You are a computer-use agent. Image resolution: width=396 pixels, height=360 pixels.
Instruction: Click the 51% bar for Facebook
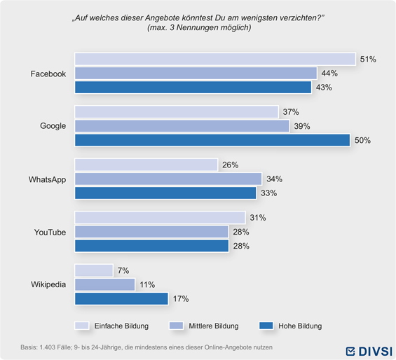tap(215, 59)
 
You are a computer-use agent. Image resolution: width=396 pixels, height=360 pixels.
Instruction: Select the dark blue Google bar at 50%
tap(212, 140)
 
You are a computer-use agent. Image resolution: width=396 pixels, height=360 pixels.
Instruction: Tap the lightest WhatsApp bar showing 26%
tap(146, 165)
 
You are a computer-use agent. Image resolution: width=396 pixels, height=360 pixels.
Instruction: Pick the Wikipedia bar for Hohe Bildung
tap(121, 298)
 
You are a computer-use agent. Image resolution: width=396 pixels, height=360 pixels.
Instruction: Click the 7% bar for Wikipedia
tap(94, 270)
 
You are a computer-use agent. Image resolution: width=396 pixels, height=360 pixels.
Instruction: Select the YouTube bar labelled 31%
tap(160, 218)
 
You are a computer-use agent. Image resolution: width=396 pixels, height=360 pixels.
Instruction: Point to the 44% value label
tap(329, 74)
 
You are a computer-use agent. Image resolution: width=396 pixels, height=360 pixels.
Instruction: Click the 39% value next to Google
tap(302, 126)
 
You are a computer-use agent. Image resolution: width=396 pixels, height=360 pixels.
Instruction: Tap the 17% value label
tap(181, 298)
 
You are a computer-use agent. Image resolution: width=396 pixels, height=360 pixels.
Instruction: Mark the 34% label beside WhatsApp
tap(274, 179)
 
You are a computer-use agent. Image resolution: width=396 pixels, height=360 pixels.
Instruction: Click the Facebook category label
tap(48, 74)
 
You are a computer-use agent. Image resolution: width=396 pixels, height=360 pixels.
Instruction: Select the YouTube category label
tap(50, 232)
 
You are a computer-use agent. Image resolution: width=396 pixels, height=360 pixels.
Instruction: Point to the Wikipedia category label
tap(48, 284)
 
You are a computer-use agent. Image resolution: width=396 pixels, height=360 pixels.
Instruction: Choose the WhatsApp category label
tap(47, 179)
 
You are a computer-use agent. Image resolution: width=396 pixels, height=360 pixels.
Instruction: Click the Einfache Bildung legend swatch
tap(81, 326)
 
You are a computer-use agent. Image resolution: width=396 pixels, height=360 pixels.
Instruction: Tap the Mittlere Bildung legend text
tap(213, 326)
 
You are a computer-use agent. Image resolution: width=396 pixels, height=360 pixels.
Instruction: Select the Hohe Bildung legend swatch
tap(266, 326)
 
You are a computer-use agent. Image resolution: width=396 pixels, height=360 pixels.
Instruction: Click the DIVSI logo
tap(369, 351)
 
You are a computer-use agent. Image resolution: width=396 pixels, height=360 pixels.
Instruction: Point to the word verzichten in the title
tap(297, 18)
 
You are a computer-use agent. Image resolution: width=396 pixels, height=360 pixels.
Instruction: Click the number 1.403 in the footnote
tap(47, 347)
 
